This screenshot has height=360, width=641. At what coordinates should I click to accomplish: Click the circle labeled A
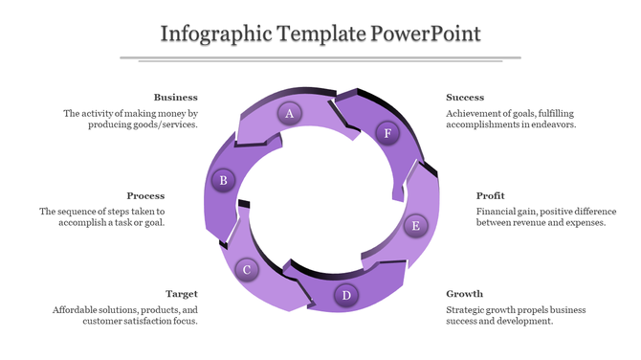(289, 114)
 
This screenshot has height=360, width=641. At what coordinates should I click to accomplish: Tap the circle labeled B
(223, 179)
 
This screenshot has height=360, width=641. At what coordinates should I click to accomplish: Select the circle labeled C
(247, 270)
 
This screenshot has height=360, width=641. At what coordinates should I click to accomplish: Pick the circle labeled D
(346, 295)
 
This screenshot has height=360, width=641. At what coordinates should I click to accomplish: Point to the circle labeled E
(415, 226)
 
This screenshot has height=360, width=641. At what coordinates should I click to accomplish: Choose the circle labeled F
(387, 133)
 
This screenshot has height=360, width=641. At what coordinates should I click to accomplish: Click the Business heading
(175, 97)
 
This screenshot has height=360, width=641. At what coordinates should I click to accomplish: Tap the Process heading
(145, 195)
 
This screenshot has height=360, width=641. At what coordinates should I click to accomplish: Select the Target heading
(182, 294)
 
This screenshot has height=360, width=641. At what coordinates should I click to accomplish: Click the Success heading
(465, 97)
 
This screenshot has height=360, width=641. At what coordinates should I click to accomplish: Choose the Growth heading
(464, 294)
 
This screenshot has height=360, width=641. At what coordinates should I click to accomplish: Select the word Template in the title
(322, 34)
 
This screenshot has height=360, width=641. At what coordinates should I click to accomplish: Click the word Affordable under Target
(76, 310)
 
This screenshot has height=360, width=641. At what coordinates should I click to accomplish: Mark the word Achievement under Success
(475, 113)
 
